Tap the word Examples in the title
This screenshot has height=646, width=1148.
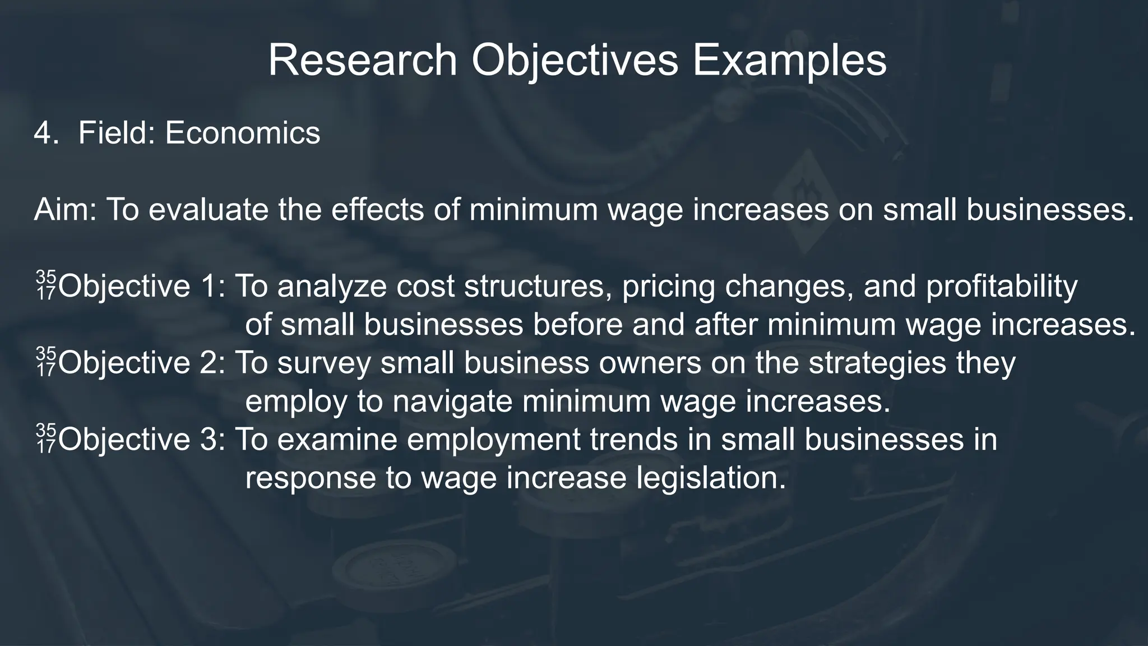coord(789,61)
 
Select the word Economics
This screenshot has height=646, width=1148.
coord(242,133)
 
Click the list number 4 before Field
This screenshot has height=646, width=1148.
coord(41,133)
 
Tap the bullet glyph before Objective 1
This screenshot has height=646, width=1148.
coord(46,285)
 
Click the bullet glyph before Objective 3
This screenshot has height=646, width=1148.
coord(46,439)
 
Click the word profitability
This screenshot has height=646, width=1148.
coord(1001,287)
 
